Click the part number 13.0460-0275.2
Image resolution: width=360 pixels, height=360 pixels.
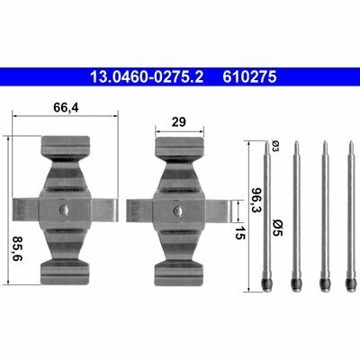(x=147, y=76)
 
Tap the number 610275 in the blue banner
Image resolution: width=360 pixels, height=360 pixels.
(x=249, y=76)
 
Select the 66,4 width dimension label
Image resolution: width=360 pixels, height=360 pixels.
(x=66, y=108)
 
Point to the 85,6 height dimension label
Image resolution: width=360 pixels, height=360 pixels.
(x=18, y=248)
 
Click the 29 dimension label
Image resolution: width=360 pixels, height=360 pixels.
(x=178, y=122)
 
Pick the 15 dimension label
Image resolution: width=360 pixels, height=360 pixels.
(x=239, y=232)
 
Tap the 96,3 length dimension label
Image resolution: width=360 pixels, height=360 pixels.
(x=256, y=200)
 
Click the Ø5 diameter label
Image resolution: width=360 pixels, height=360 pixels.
(x=277, y=228)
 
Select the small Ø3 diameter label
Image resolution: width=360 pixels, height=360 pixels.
(x=274, y=146)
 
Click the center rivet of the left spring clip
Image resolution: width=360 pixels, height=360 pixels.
(x=64, y=209)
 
